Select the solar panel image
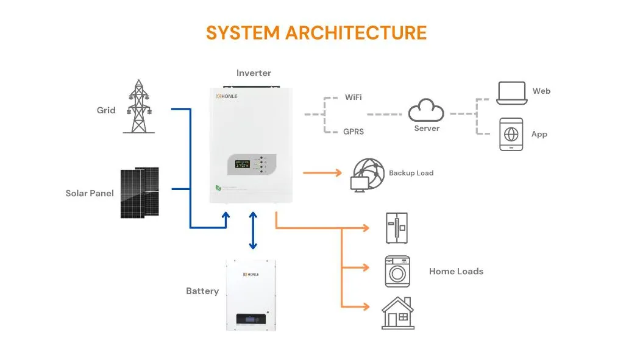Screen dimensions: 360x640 coord(140,192)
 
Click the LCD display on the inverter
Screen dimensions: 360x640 coord(242,163)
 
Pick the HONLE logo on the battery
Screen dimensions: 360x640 coord(251,274)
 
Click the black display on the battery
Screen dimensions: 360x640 coord(251,319)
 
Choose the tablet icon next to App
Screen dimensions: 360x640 coord(511,134)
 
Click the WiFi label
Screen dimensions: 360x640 coord(354,97)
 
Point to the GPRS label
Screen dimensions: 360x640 coord(354,131)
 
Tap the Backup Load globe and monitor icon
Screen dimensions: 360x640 coord(367,175)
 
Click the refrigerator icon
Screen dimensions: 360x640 coord(397,228)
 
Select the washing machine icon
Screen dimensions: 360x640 coord(397,271)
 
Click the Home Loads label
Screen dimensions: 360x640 coord(456,271)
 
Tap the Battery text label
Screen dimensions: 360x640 coord(202,291)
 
